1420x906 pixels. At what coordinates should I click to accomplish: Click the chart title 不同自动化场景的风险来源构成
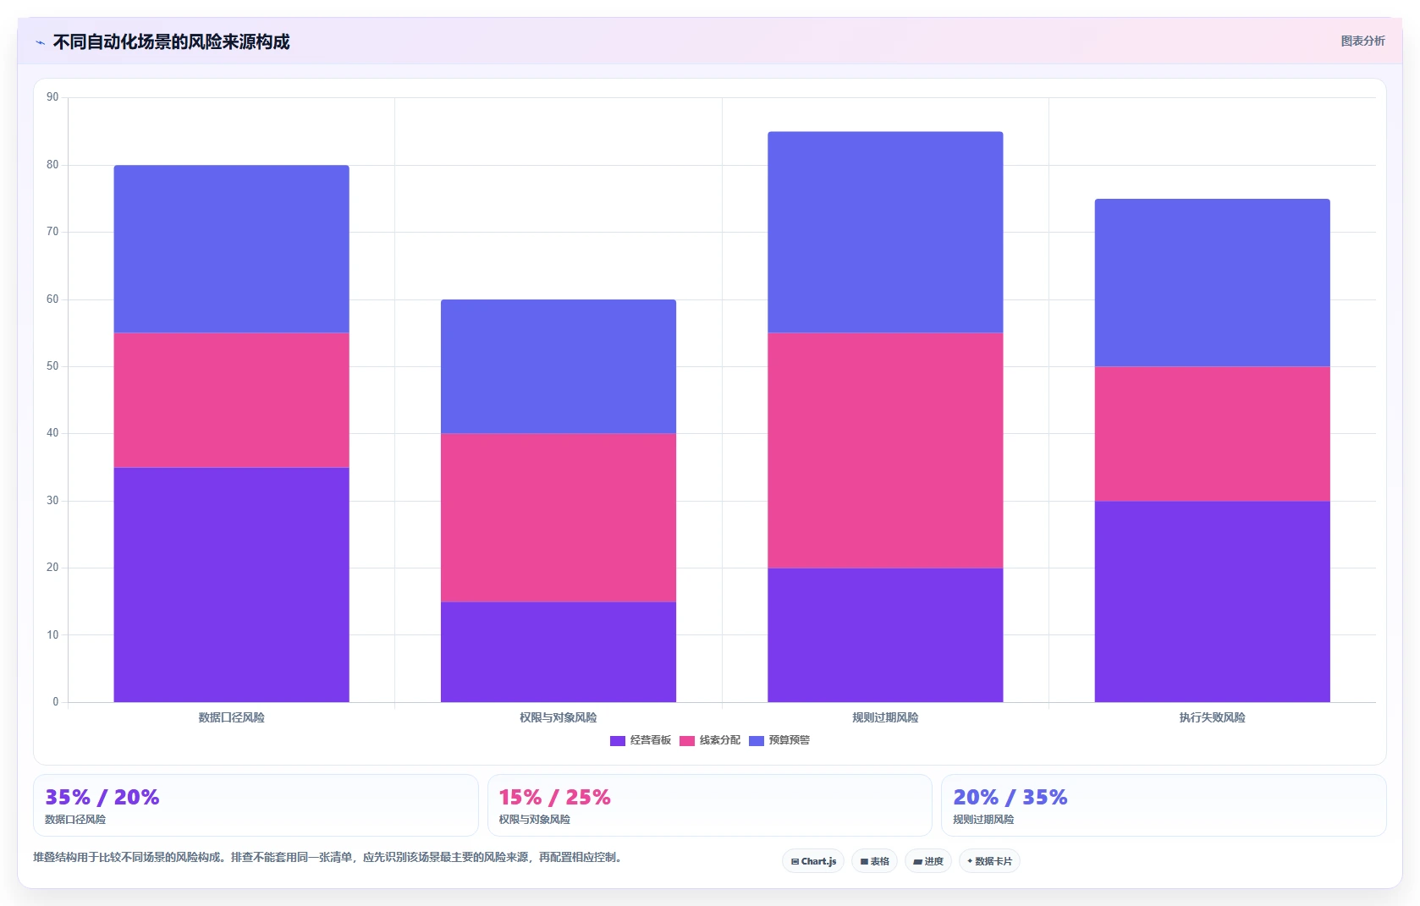(171, 41)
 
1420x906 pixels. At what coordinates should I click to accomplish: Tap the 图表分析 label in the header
(1362, 41)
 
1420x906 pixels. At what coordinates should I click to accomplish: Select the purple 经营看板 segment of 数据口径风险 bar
(231, 585)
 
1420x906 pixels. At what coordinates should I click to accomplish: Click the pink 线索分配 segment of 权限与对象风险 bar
(559, 518)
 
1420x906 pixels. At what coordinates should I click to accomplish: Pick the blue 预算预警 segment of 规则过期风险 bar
(885, 232)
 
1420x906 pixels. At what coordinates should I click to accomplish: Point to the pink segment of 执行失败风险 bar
(1212, 434)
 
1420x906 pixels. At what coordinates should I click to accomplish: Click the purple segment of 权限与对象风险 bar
(559, 652)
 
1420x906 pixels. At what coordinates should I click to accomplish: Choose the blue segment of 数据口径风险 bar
(231, 249)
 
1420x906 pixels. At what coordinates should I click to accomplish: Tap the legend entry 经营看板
(641, 740)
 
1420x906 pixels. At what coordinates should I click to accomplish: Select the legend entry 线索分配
(710, 740)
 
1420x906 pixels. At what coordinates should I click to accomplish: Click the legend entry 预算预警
(779, 740)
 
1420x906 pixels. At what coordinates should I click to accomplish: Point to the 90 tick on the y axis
(52, 97)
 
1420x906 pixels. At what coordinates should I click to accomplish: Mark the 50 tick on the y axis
(52, 366)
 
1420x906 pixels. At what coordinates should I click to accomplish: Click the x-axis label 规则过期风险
(885, 717)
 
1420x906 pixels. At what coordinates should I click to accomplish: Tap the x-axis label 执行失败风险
(1212, 717)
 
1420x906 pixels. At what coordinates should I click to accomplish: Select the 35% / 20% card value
(102, 797)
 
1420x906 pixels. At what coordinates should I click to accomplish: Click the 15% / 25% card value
(554, 797)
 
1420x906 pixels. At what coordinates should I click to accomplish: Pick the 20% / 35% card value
(1010, 797)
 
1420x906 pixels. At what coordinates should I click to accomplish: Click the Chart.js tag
(813, 861)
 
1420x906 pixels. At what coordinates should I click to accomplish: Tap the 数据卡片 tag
(989, 861)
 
